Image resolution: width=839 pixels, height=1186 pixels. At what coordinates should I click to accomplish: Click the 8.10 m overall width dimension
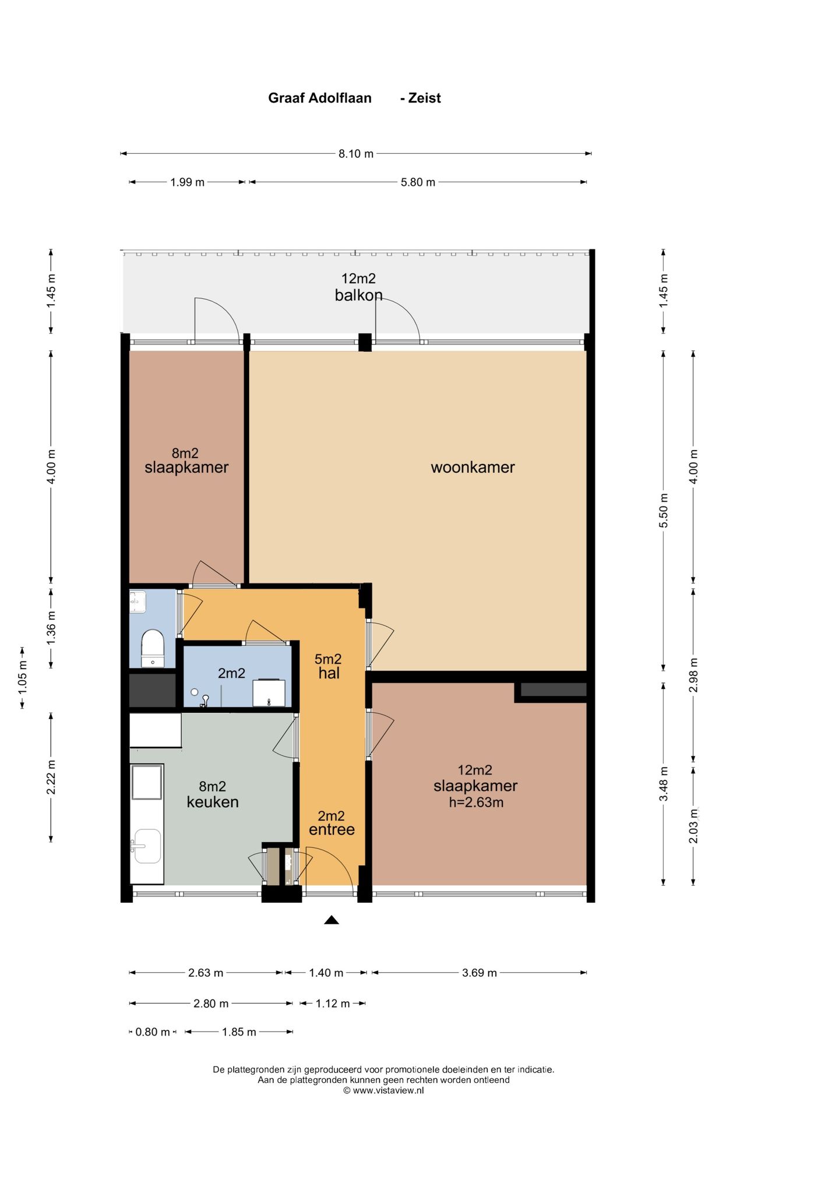(356, 154)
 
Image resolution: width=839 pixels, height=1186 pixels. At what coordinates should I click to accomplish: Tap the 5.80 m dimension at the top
(418, 182)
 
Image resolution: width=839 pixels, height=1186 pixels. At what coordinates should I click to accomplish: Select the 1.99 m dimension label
(187, 182)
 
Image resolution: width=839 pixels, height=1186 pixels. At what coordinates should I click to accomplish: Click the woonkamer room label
(473, 467)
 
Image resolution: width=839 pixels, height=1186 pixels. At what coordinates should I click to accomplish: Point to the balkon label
(358, 295)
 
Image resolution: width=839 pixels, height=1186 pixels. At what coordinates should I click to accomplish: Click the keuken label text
(213, 802)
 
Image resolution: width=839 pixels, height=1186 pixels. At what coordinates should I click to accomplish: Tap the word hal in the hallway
(329, 673)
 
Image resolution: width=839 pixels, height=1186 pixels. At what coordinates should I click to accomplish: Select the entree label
(332, 829)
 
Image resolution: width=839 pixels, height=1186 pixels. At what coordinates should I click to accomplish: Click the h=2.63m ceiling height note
(476, 803)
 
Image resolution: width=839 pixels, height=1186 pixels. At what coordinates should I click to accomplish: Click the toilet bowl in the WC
(153, 647)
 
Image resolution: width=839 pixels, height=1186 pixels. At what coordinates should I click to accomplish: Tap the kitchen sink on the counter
(146, 846)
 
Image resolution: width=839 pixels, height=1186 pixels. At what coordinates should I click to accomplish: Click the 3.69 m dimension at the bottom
(480, 973)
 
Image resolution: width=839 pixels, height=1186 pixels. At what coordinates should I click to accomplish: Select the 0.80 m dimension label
(153, 1032)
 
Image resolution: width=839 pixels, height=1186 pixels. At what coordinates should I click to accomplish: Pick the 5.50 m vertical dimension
(664, 511)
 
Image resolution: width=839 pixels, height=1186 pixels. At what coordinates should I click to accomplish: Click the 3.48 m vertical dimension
(664, 784)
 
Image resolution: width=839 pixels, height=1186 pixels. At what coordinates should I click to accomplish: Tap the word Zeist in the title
(425, 98)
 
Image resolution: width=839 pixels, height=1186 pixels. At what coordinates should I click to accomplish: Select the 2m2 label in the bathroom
(231, 674)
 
